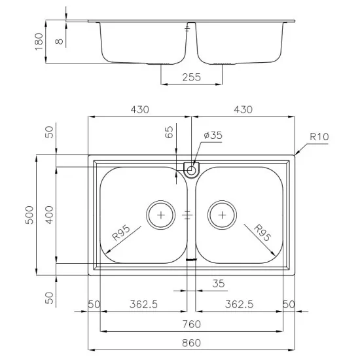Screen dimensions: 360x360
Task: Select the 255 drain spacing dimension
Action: coord(191,77)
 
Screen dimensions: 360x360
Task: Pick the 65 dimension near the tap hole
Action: coord(169,134)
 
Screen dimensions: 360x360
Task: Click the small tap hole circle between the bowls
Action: coord(191,171)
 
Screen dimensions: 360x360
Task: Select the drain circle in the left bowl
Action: coord(160,214)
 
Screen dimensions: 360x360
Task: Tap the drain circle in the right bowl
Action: coord(223,214)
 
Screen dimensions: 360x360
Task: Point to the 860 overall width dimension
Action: coord(191,342)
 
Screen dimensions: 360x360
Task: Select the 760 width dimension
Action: coord(191,324)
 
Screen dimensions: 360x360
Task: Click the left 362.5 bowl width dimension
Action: coord(143,304)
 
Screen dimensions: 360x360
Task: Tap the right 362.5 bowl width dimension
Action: coord(239,304)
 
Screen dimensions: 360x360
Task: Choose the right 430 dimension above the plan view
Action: coord(242,109)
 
